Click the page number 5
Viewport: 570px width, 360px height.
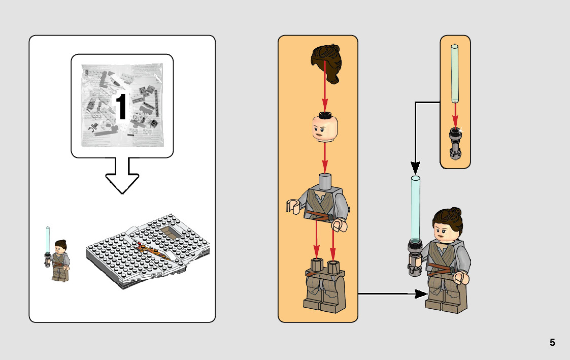pyautogui.click(x=552, y=343)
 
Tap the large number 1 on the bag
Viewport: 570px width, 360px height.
pyautogui.click(x=121, y=107)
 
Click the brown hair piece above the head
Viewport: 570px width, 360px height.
pyautogui.click(x=325, y=63)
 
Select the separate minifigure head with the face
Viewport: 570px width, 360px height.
pyautogui.click(x=325, y=129)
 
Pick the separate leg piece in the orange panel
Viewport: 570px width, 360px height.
pyautogui.click(x=325, y=286)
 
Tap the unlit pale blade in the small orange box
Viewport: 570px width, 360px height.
pyautogui.click(x=455, y=74)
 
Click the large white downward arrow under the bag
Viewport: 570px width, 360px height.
pyautogui.click(x=122, y=176)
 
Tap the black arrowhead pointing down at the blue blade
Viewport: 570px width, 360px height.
pyautogui.click(x=416, y=167)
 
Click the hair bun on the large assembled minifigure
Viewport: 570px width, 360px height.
pyautogui.click(x=455, y=212)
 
